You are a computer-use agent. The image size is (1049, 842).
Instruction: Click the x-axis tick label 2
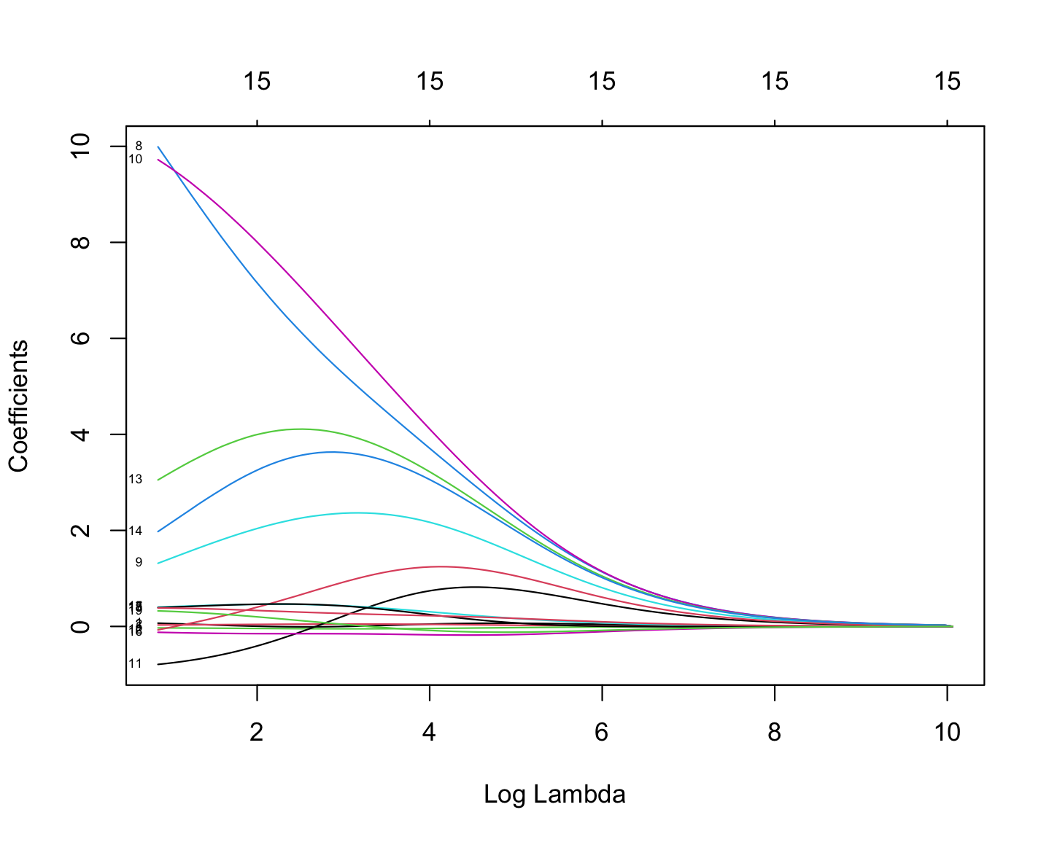(x=257, y=732)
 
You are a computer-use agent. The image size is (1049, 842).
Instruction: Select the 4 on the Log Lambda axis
(x=430, y=732)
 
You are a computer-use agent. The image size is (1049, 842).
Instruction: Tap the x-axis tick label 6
(x=602, y=732)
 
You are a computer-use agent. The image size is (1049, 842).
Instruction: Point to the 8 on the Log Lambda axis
(x=775, y=732)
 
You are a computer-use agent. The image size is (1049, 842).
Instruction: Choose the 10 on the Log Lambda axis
(x=948, y=732)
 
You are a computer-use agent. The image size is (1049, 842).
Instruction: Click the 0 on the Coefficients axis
(x=82, y=626)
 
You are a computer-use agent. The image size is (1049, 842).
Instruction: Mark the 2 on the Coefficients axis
(x=82, y=530)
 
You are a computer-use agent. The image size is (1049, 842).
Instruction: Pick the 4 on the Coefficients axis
(x=82, y=434)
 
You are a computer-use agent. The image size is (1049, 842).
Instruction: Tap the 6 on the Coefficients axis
(x=82, y=338)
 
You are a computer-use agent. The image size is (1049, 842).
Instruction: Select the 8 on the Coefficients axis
(x=82, y=242)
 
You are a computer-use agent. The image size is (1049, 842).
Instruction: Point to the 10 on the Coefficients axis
(x=82, y=146)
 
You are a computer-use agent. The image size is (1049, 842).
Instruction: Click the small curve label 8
(x=139, y=146)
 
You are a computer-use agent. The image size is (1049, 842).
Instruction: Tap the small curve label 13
(x=135, y=479)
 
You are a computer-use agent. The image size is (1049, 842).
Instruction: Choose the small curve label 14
(x=135, y=531)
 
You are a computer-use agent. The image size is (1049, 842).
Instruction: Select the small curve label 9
(x=139, y=562)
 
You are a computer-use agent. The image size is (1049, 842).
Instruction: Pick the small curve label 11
(x=135, y=663)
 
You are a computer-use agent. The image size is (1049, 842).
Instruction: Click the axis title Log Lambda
(x=554, y=794)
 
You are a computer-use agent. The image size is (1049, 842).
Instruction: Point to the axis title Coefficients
(x=19, y=406)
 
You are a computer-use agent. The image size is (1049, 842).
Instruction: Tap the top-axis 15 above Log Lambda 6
(x=603, y=82)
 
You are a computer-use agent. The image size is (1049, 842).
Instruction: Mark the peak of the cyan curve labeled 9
(x=356, y=512)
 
